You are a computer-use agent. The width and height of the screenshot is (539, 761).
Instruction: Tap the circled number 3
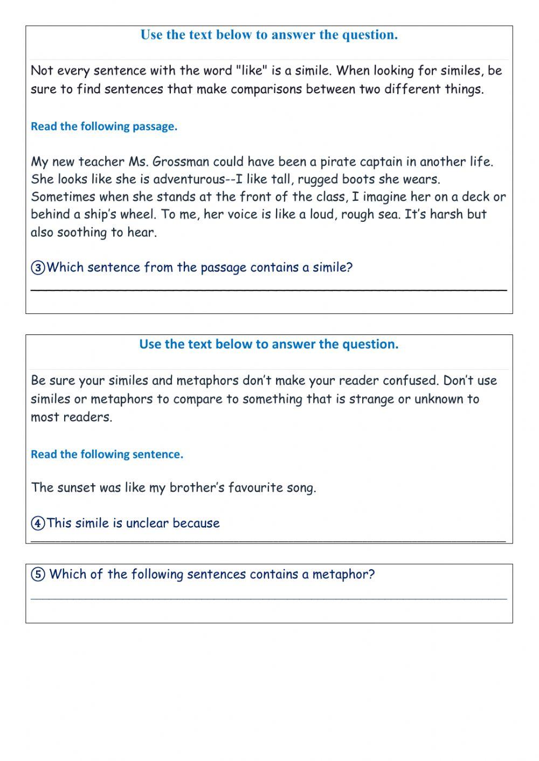click(x=38, y=268)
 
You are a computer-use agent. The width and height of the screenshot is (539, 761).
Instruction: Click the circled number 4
click(x=38, y=523)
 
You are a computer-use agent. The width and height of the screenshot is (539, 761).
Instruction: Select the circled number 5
click(x=38, y=575)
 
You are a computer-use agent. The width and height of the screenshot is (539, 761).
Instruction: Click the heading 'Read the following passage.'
click(x=104, y=127)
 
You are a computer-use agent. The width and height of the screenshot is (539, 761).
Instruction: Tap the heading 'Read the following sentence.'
click(x=107, y=455)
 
